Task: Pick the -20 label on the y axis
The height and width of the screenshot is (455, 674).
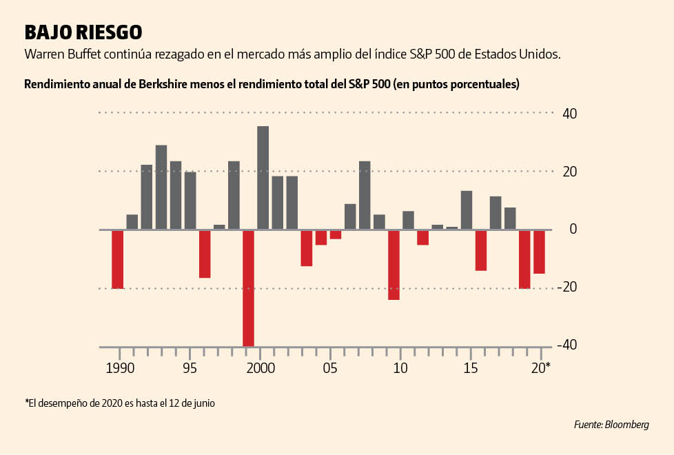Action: [567, 287]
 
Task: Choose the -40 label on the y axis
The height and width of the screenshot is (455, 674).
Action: [567, 345]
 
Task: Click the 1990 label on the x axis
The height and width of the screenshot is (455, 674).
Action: [119, 367]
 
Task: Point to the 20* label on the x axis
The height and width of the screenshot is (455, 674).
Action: [541, 367]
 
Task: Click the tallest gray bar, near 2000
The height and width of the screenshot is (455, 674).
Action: [263, 178]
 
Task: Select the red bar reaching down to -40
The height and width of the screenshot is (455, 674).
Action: [248, 288]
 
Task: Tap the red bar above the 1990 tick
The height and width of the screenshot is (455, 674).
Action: [118, 259]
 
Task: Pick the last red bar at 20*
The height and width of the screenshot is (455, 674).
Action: [539, 252]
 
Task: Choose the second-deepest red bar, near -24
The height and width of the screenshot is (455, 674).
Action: [394, 265]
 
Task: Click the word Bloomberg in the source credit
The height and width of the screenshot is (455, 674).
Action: [627, 425]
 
